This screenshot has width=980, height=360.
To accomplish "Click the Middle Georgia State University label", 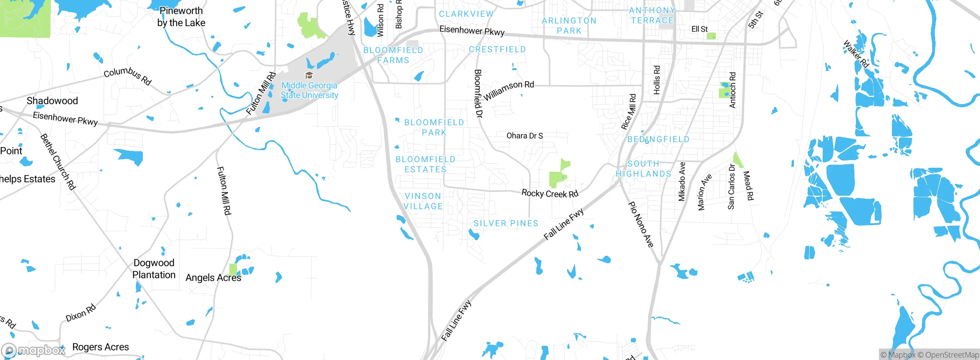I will (x=309, y=90).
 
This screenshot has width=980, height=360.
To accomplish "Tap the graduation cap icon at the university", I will (x=309, y=75).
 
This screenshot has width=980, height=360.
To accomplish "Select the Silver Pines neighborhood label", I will (x=506, y=223).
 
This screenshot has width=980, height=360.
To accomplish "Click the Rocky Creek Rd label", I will (x=550, y=193).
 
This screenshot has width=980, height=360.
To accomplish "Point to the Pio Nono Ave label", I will (x=641, y=224).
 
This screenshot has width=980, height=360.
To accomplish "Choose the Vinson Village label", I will (x=423, y=201).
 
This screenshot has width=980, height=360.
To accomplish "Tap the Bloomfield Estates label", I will (x=425, y=164).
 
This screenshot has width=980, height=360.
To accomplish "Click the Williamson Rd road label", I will (x=509, y=90).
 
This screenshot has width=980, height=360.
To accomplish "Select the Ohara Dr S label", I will (x=524, y=136).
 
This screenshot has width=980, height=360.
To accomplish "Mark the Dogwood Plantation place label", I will (x=154, y=269).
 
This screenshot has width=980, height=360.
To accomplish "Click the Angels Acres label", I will (x=213, y=278).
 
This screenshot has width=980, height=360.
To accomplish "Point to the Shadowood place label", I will (x=52, y=101).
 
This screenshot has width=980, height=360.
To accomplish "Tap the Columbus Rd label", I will (x=128, y=75).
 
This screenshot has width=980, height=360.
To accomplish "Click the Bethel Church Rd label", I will (x=58, y=161).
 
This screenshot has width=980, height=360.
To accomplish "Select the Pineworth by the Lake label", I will (x=181, y=17).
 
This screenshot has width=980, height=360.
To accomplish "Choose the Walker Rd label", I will (x=856, y=54).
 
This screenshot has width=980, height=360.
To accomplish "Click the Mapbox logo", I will (x=34, y=350).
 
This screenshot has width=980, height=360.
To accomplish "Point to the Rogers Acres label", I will (x=100, y=347).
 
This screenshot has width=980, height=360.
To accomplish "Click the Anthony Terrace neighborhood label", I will (x=652, y=15).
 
